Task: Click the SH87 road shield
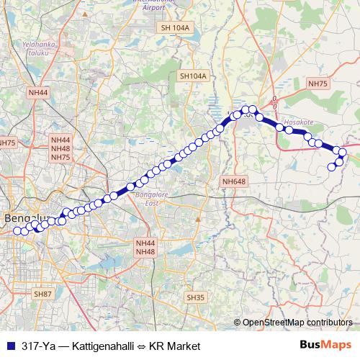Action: tap(42, 294)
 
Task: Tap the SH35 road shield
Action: tap(195, 297)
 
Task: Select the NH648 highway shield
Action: tap(234, 182)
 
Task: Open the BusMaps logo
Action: tap(326, 346)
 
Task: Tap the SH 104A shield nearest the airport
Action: tap(175, 27)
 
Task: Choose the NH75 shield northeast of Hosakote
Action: tap(318, 84)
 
